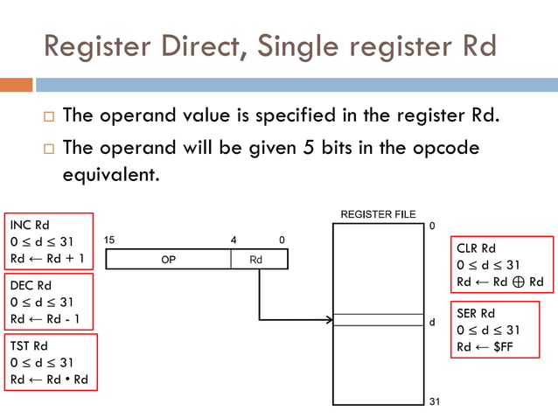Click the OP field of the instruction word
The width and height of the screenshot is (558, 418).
coord(168,260)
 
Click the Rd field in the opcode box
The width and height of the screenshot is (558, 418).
coord(255,260)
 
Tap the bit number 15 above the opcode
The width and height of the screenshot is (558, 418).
coord(109,240)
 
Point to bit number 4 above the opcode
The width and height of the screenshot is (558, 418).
coord(233,240)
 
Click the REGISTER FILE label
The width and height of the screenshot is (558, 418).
coord(378,214)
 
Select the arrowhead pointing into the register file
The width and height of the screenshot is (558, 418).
coord(329,320)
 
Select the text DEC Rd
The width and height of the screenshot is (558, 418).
coord(31,286)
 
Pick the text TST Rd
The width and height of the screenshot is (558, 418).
coord(29,346)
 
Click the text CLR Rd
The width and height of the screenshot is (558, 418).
coord(477,248)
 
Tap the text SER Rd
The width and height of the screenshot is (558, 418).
coord(477,313)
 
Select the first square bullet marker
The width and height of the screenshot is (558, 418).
coord(48,116)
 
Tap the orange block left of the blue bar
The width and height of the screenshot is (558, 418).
coord(16,85)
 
